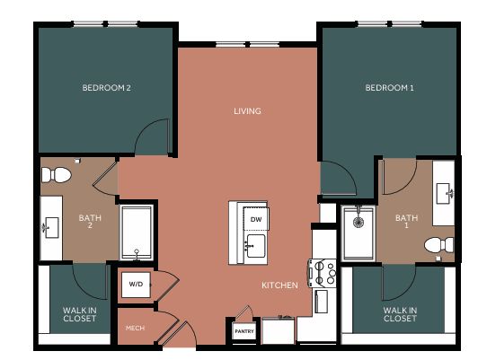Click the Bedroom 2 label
107,88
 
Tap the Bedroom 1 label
389,88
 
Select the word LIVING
247,111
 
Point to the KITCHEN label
279,285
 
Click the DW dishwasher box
256,219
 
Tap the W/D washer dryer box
136,285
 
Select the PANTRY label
244,331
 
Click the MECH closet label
135,328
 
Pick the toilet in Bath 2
57,175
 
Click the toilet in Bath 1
439,245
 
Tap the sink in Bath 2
51,227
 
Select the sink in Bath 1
444,193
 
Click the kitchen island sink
256,246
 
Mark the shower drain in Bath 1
359,222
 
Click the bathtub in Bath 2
137,233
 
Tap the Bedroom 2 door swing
152,136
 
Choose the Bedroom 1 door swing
338,178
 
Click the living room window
247,45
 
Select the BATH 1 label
406,222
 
